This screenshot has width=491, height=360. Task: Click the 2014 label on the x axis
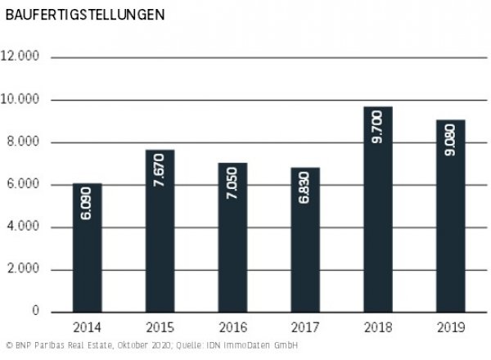click(x=88, y=328)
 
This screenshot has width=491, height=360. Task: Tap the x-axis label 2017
click(x=305, y=328)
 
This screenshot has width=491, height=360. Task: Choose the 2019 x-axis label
click(x=451, y=328)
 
